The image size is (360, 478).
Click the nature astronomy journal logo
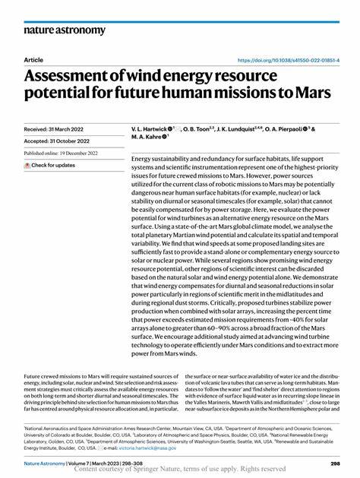65,30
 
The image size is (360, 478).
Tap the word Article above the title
33,59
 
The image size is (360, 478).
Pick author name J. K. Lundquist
244,130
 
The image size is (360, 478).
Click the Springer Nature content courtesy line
179,470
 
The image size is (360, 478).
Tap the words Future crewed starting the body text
45,375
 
